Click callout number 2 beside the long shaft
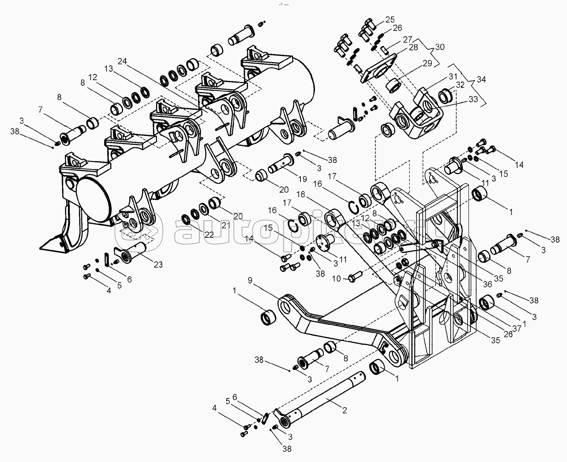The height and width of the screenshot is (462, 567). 344,411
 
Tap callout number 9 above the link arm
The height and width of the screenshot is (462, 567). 250,280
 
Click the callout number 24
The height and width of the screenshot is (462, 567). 122,61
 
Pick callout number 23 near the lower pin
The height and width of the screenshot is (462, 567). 158,265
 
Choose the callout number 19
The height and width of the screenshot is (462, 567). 302,179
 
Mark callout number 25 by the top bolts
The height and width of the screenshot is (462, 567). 390,19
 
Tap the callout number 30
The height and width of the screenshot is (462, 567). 440,47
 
